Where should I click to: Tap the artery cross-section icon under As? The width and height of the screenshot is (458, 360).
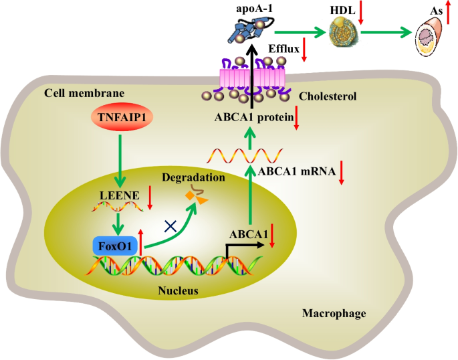tap(430, 34)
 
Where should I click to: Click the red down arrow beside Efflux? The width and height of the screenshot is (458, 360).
tap(304, 50)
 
